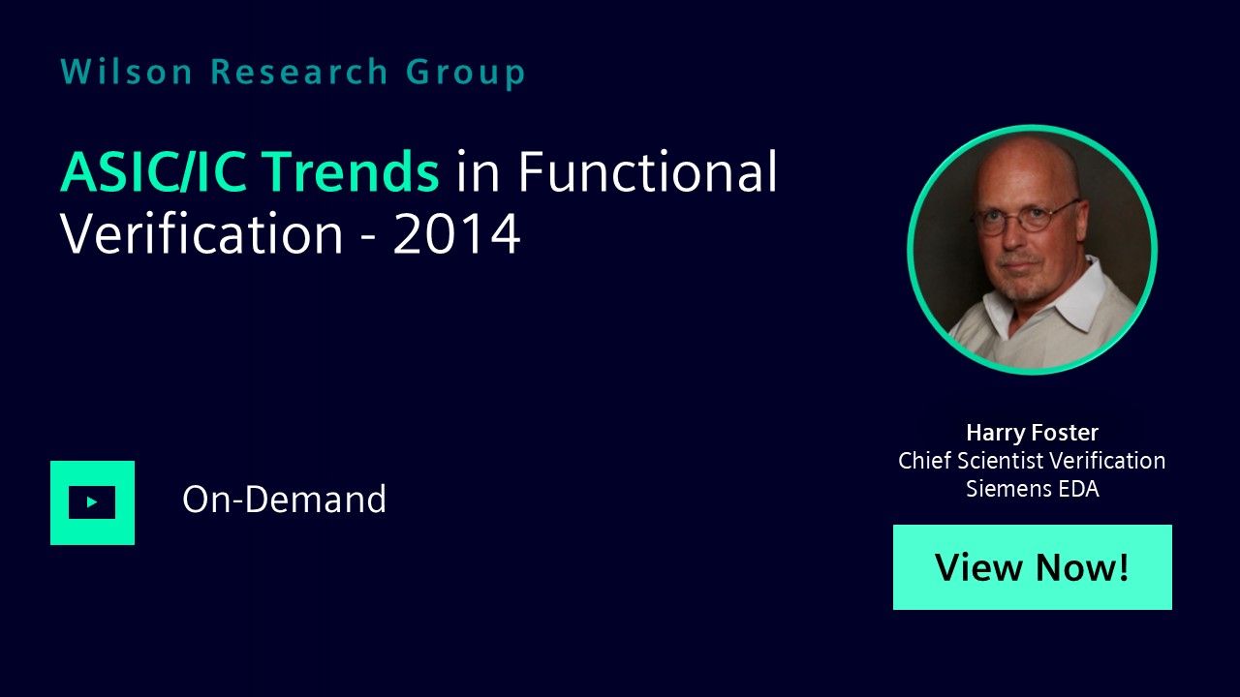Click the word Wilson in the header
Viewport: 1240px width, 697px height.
(126, 72)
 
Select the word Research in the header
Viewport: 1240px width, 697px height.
(299, 72)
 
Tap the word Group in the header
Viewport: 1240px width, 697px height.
(466, 73)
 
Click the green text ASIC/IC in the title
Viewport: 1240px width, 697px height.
(153, 171)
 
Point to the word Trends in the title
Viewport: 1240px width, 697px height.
(350, 171)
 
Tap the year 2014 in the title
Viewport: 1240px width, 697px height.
(456, 234)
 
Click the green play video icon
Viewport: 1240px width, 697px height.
(92, 502)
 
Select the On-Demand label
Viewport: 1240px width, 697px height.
(284, 499)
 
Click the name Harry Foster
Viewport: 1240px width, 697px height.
(1033, 433)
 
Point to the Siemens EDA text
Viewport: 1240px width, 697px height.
(1033, 489)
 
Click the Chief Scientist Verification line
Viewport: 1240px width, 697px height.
(1032, 461)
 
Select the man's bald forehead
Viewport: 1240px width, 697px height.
(1024, 171)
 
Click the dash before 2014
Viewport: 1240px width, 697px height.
(368, 239)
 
